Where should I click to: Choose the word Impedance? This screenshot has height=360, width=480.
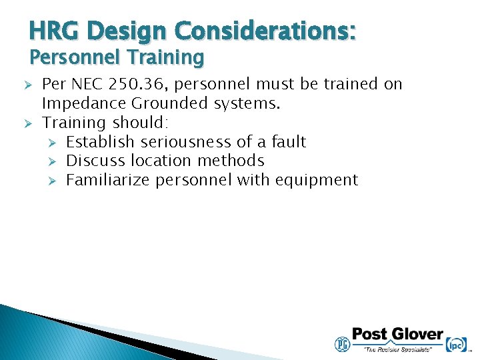[84, 103]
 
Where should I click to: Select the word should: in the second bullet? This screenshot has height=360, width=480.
[141, 123]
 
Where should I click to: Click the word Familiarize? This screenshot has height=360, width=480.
[108, 180]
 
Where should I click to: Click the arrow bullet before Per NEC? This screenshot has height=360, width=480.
[28, 85]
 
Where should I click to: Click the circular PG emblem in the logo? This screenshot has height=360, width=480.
[342, 343]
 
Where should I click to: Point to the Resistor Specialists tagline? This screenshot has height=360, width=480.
[397, 349]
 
